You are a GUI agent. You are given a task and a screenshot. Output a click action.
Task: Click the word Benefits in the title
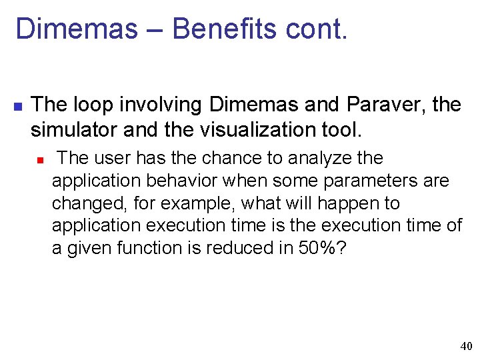click(x=223, y=29)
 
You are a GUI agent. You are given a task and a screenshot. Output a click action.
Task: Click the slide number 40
click(x=466, y=346)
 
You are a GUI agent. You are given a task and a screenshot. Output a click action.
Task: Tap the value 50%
click(x=319, y=248)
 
